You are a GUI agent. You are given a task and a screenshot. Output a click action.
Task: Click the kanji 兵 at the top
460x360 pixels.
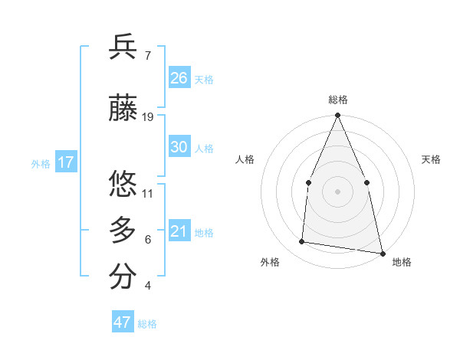tap(123, 47)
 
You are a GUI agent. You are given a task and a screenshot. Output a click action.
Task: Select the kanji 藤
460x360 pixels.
tap(123, 109)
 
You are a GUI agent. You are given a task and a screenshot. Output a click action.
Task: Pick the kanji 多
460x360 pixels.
tap(123, 231)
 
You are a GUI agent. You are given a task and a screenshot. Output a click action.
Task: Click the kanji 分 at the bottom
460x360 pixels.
tap(123, 277)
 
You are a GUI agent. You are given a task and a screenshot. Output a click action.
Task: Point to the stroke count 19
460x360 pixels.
tap(148, 117)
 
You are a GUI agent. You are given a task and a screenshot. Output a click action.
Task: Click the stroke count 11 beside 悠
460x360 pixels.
tap(148, 193)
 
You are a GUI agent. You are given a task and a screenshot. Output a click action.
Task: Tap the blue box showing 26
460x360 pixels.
tap(179, 78)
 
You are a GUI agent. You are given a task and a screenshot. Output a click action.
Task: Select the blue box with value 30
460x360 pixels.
tap(179, 148)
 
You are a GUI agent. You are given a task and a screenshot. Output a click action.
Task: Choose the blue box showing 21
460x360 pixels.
tap(179, 232)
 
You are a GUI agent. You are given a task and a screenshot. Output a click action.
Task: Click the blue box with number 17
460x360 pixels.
tap(65, 162)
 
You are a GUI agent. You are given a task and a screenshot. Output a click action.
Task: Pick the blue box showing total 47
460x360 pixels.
tap(123, 322)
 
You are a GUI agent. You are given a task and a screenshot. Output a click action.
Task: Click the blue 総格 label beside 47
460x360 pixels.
tap(147, 324)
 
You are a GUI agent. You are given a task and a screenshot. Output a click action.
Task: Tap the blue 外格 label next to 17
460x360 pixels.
tap(41, 163)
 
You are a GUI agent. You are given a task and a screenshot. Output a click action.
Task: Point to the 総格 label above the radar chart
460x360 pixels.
tap(337, 100)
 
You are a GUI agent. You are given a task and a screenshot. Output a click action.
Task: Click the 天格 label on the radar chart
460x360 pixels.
tap(431, 159)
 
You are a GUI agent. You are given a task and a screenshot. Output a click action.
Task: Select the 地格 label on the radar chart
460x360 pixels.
tap(402, 262)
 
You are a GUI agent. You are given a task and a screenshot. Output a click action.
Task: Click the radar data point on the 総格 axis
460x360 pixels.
tap(337, 116)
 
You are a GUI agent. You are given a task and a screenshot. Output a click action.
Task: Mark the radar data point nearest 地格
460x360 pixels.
tap(382, 253)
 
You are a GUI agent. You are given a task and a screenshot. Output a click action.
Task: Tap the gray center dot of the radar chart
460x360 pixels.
tap(337, 191)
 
